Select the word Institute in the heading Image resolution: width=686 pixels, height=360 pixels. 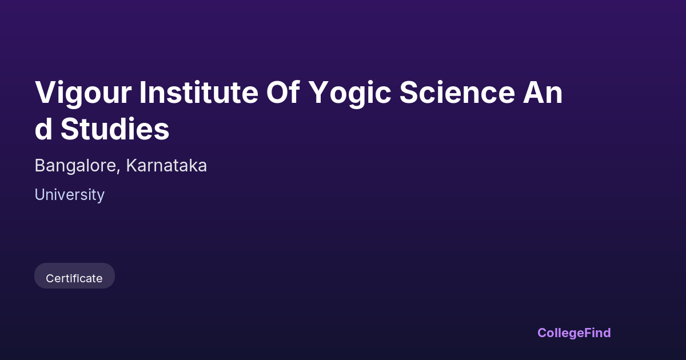tap(199, 92)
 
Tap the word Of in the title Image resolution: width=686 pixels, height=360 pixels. tap(282, 92)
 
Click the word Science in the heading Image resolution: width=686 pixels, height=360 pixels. tap(457, 92)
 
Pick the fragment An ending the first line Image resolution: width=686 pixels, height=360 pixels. tap(543, 92)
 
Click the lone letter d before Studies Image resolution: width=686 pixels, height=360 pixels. tap(43, 129)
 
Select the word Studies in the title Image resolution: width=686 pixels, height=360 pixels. tap(115, 129)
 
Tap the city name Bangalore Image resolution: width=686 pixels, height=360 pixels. tap(75, 166)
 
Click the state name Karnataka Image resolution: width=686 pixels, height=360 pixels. tap(166, 166)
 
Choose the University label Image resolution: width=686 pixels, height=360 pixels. tap(70, 195)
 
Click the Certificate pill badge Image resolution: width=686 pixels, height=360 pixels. tap(74, 276)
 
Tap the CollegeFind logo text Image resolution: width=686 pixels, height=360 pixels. tap(574, 333)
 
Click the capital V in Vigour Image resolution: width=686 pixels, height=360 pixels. tap(46, 92)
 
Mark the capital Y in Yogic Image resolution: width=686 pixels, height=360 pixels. tap(319, 92)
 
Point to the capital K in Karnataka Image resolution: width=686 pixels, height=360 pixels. tap(132, 166)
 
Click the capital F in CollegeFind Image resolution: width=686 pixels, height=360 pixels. tap(588, 333)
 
